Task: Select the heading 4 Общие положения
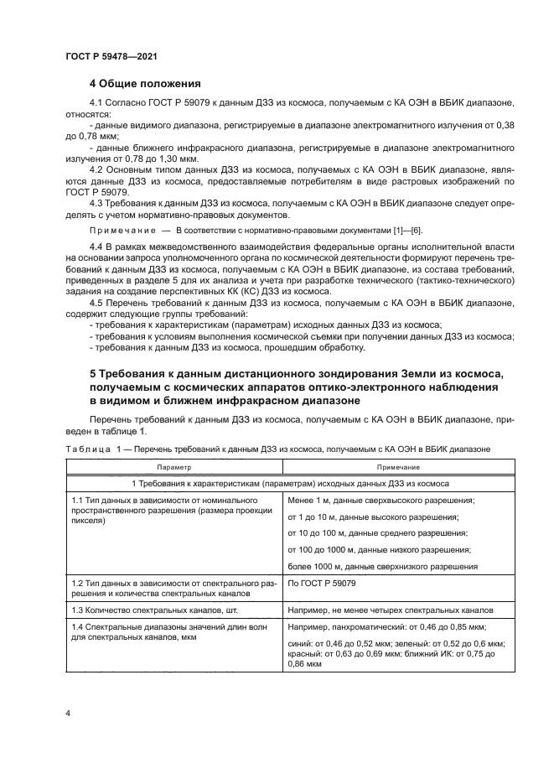pyautogui.click(x=145, y=84)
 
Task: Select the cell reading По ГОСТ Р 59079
pyautogui.click(x=322, y=583)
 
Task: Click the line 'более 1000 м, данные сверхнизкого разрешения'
pyautogui.click(x=382, y=566)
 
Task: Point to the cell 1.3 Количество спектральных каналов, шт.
pyautogui.click(x=159, y=610)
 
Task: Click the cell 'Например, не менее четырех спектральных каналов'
pyautogui.click(x=390, y=610)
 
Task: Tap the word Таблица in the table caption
pyautogui.click(x=86, y=450)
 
